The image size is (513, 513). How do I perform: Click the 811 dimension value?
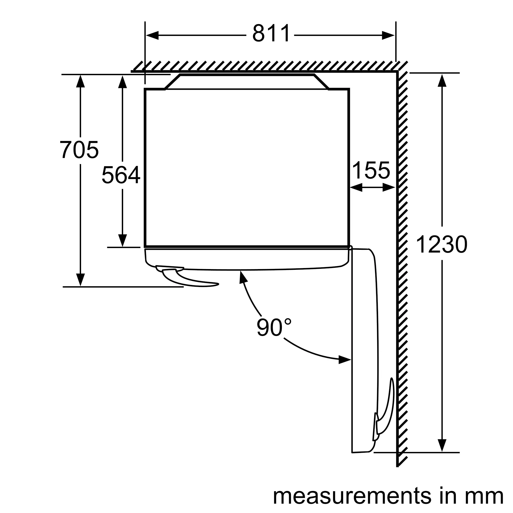(271, 33)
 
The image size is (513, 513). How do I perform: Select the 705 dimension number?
(79, 150)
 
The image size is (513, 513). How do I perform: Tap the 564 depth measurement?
(121, 174)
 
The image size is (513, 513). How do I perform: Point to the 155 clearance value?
(371, 170)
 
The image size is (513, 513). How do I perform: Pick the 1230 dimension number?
(441, 244)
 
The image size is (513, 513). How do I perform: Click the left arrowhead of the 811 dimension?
(152, 35)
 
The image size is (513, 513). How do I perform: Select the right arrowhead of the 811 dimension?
(388, 35)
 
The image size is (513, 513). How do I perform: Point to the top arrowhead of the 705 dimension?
(81, 81)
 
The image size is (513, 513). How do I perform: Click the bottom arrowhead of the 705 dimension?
(81, 280)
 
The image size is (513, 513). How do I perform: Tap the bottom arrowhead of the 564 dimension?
(122, 241)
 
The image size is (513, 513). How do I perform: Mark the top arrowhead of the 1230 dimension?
(442, 81)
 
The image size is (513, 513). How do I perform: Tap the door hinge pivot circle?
(350, 248)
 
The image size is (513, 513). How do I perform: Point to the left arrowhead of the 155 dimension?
(356, 188)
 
